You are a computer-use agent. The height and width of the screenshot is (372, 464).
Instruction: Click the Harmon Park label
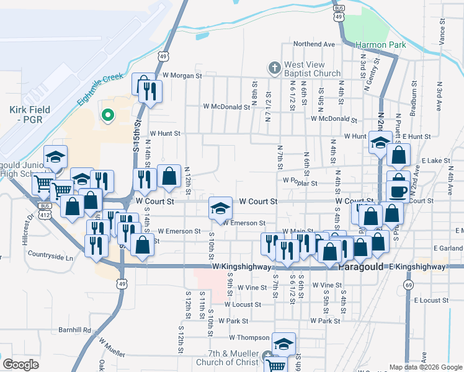[x=380, y=45]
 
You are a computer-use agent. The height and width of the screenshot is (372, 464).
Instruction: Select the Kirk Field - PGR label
[x=30, y=114]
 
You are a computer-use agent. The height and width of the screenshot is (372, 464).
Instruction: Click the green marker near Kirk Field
[x=107, y=115]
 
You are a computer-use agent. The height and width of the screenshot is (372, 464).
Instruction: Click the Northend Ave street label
[x=314, y=44]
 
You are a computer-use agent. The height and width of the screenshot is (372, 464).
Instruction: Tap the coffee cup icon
[x=398, y=191]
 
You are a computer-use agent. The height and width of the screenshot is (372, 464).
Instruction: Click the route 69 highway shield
[x=408, y=285]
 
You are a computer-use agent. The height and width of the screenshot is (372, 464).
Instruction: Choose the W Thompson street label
[x=249, y=338]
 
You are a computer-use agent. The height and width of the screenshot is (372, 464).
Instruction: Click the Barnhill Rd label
[x=74, y=330]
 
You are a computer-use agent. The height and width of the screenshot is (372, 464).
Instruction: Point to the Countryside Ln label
[x=50, y=255]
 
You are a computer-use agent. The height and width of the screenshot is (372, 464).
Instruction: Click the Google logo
[x=20, y=364]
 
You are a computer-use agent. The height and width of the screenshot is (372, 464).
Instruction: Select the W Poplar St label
[x=300, y=183]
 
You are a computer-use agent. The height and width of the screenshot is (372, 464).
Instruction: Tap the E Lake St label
[x=435, y=161]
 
